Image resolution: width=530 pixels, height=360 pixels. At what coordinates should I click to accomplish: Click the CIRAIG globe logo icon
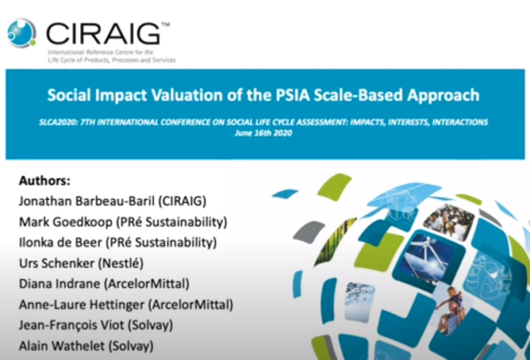click(x=21, y=32)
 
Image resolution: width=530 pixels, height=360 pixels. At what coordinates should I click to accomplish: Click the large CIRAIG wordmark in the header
click(x=103, y=33)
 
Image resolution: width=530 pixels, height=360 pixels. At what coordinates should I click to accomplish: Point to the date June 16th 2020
click(x=262, y=133)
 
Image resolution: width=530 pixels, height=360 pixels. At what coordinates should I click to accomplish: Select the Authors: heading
click(x=44, y=180)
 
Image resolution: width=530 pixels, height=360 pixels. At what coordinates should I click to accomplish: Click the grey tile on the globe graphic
click(x=309, y=231)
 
